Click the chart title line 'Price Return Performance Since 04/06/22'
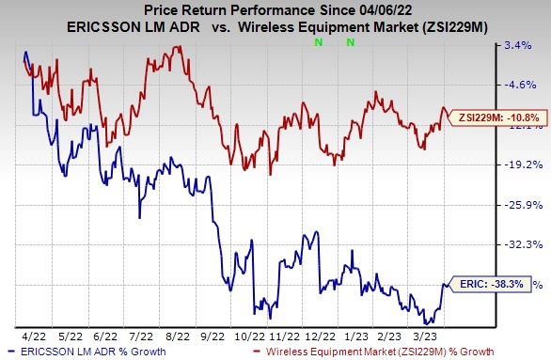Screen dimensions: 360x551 click(275, 9)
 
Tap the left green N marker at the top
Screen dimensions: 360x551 click(318, 43)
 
